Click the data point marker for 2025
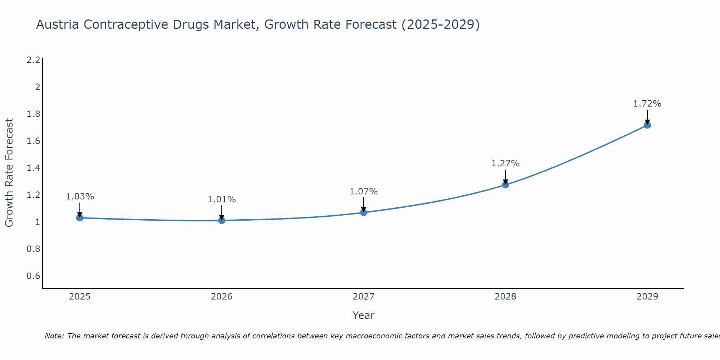tap(80, 218)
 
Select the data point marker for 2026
tap(222, 220)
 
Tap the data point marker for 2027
tap(364, 212)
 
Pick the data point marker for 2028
tap(505, 185)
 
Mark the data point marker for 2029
tap(647, 125)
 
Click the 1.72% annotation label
tap(647, 104)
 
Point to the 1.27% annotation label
tap(505, 163)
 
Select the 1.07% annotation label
tap(364, 192)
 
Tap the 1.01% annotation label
tap(222, 199)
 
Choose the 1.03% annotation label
tap(80, 197)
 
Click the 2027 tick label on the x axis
tap(364, 297)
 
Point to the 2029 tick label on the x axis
tap(647, 297)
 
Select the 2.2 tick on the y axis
tap(33, 60)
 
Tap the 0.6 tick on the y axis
tap(33, 276)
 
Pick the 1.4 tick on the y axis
tap(33, 168)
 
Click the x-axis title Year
tap(364, 315)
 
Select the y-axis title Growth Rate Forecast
tap(9, 172)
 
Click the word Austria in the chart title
tap(58, 24)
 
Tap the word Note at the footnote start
tap(54, 336)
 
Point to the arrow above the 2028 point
tap(505, 177)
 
